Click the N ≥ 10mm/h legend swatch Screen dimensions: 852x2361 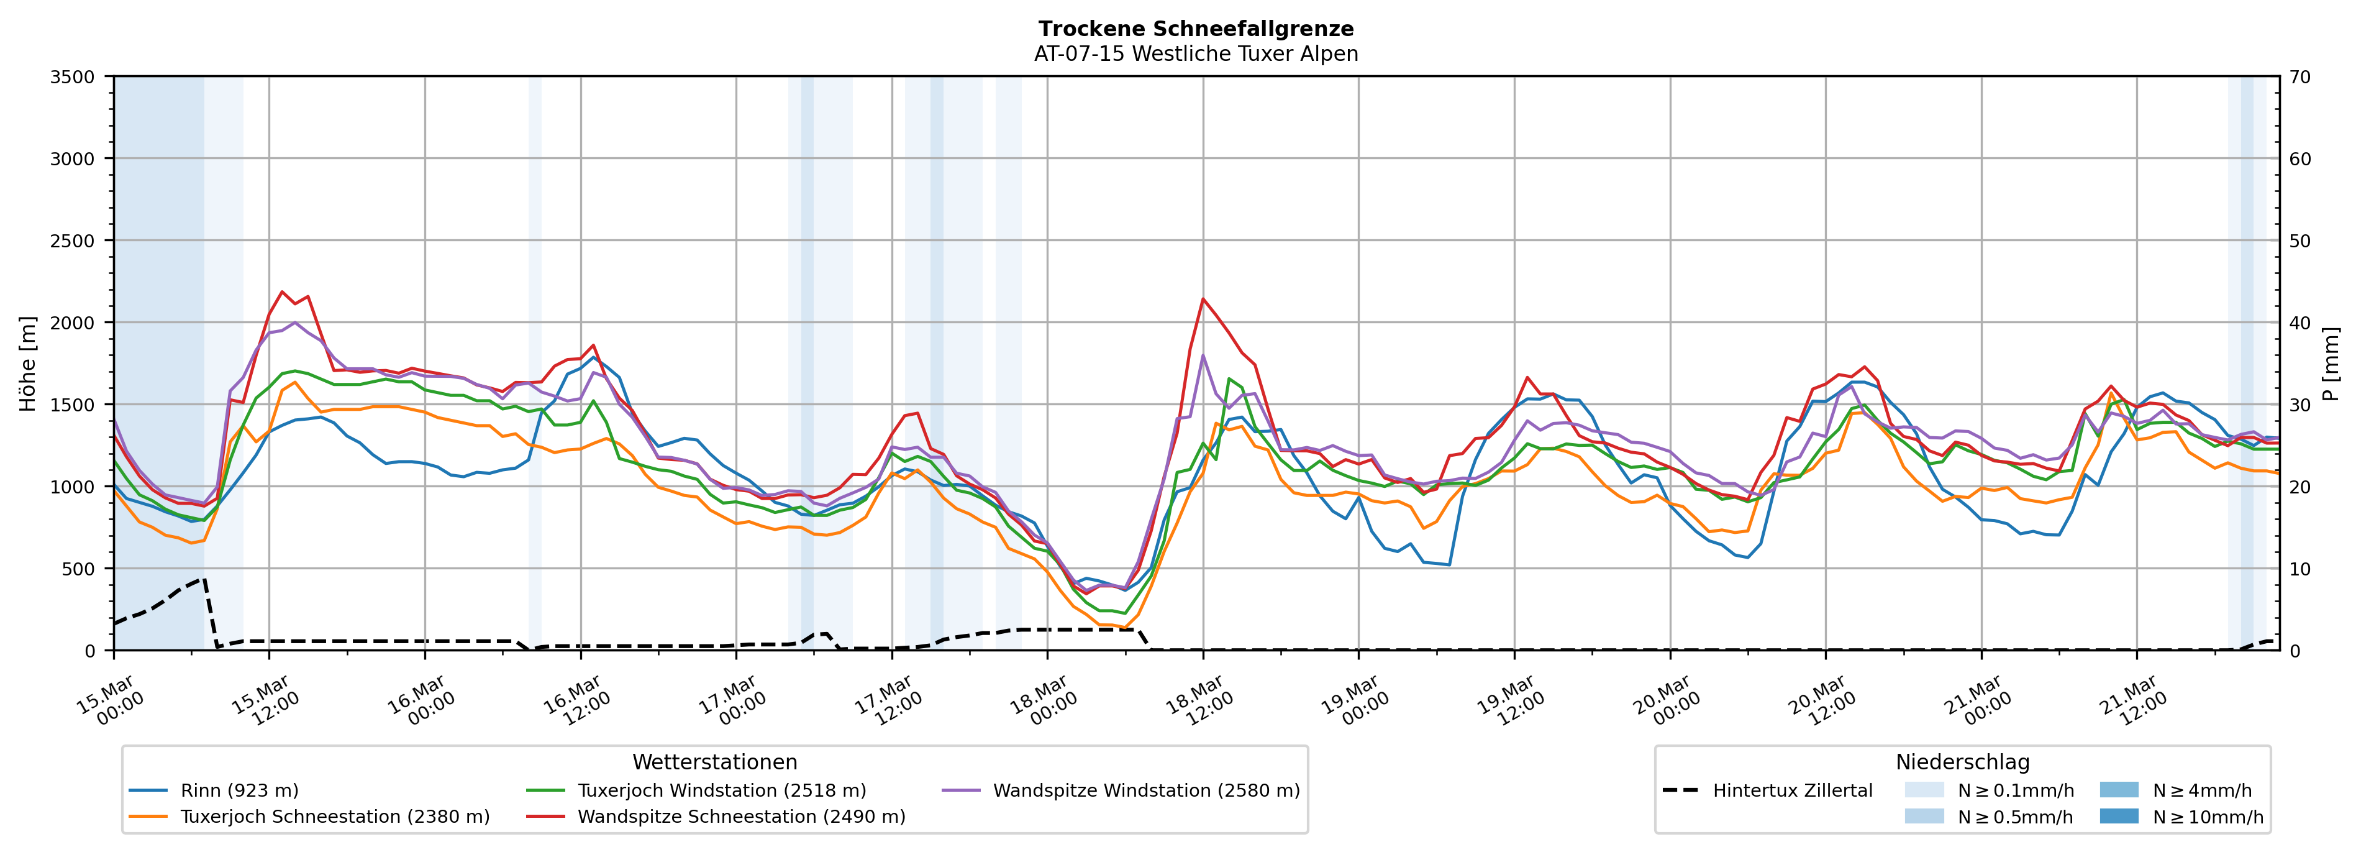[x=2118, y=816]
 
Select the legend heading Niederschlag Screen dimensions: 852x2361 [x=1962, y=762]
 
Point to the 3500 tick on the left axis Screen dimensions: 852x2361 [x=73, y=77]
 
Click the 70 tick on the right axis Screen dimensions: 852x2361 [x=2300, y=77]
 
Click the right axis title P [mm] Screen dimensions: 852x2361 [x=2332, y=363]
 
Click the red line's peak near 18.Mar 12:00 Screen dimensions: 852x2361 [x=1203, y=298]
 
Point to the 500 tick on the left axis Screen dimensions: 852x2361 [x=77, y=569]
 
